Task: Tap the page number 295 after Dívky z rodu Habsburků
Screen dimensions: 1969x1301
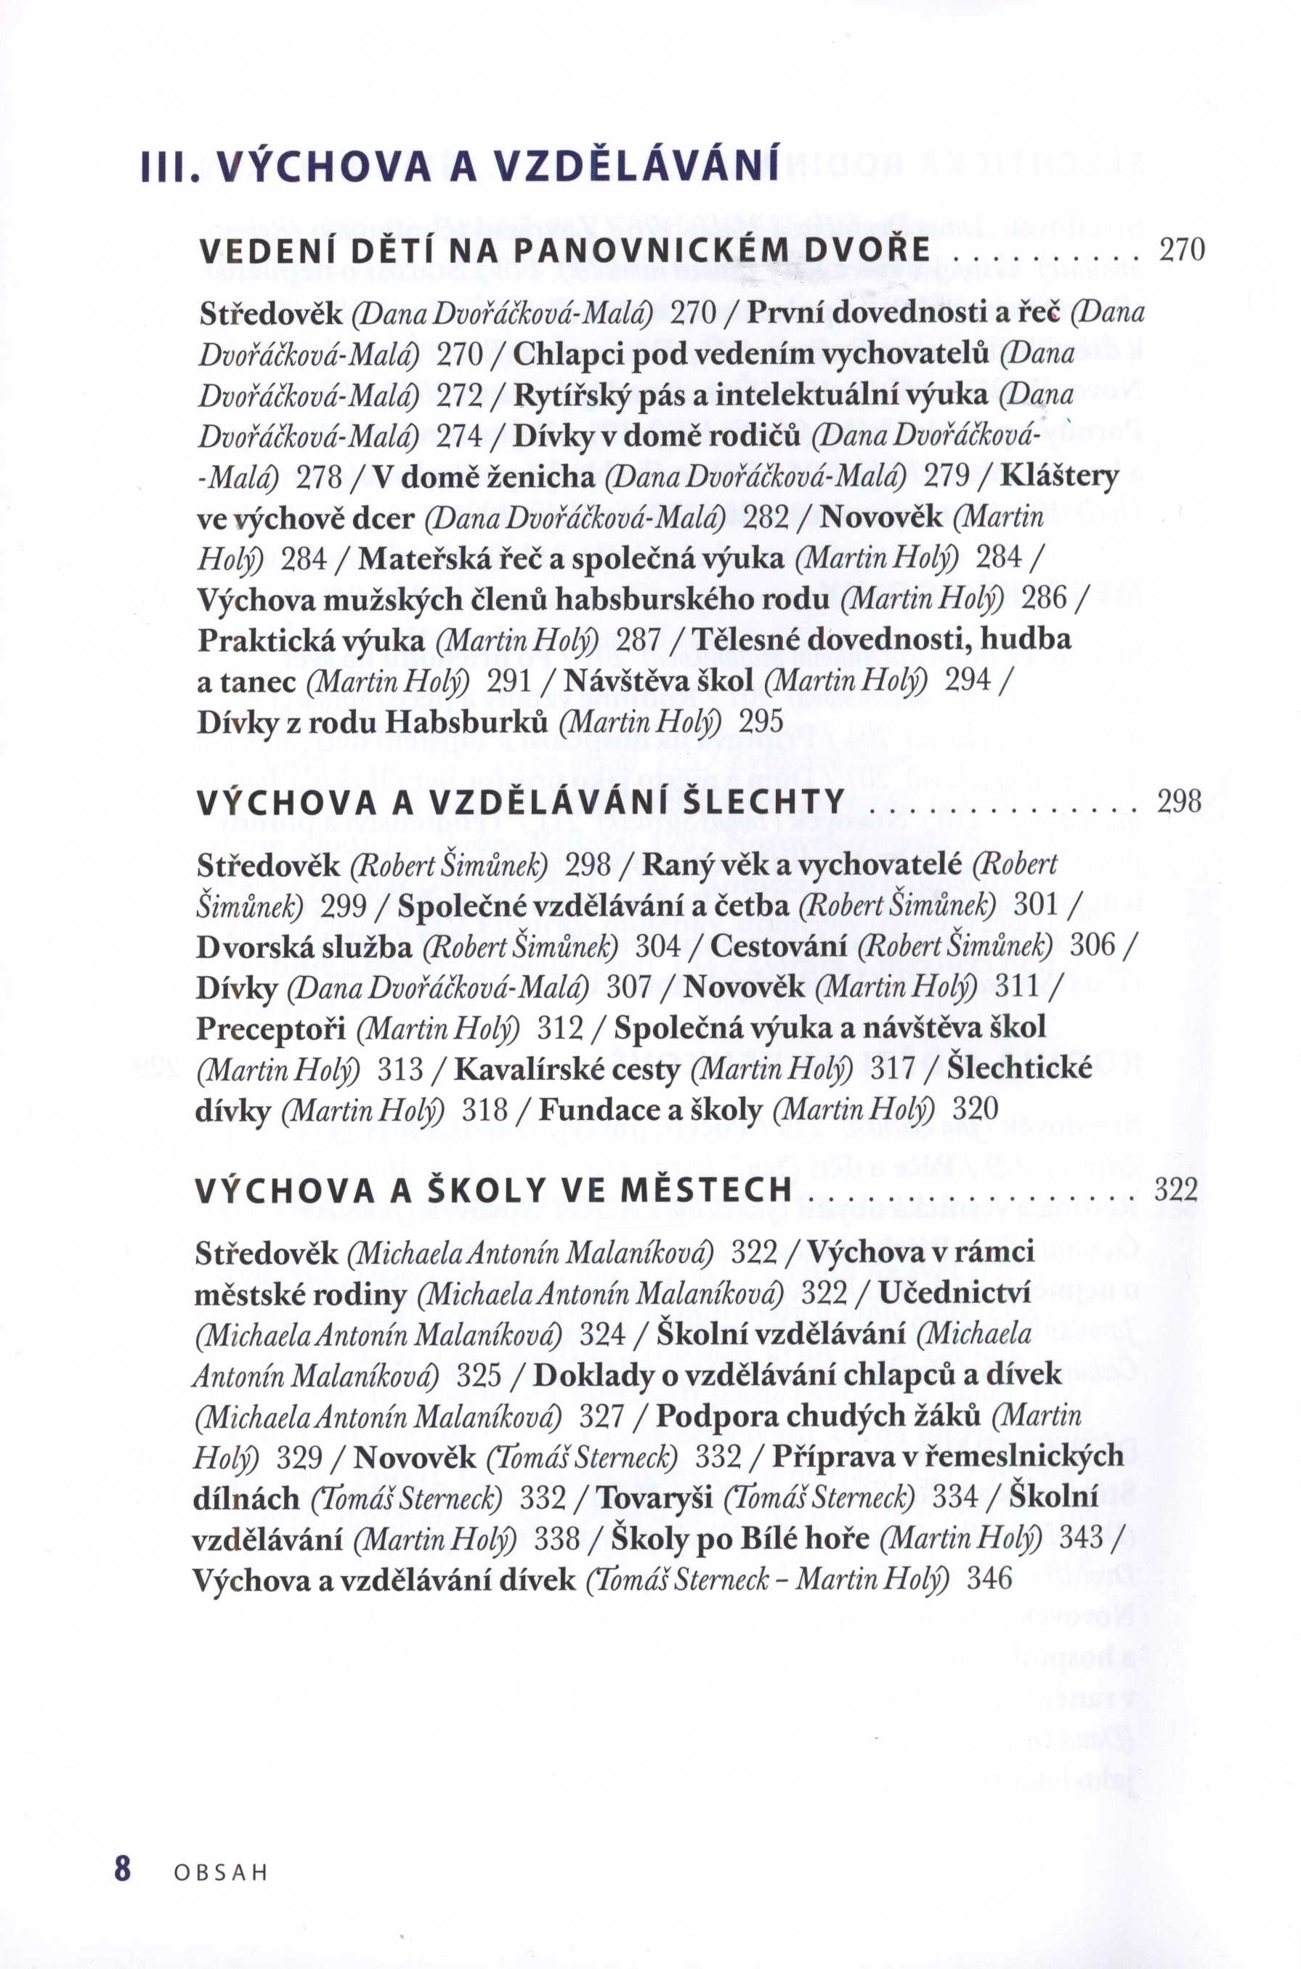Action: click(761, 723)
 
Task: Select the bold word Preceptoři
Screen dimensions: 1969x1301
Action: click(270, 1029)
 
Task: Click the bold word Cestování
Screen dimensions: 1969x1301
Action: click(779, 946)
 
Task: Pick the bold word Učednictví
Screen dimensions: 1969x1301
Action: click(955, 1294)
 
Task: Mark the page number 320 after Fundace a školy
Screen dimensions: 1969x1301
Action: click(975, 1110)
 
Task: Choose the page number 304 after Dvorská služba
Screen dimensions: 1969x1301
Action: click(658, 946)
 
